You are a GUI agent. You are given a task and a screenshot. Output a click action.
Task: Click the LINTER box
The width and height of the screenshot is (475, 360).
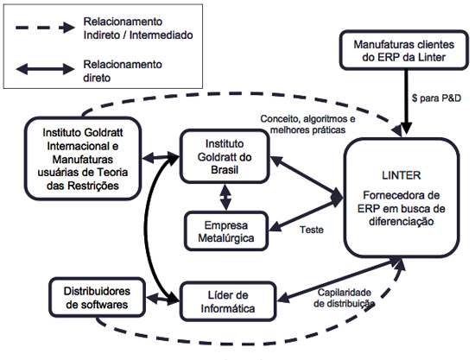click(x=402, y=198)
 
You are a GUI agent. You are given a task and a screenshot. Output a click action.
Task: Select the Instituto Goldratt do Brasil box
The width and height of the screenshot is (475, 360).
click(x=225, y=156)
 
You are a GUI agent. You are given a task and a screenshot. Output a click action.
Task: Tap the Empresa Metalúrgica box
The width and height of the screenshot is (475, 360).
click(x=226, y=231)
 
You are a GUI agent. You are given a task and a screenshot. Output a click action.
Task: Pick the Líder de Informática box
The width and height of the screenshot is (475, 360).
click(x=228, y=301)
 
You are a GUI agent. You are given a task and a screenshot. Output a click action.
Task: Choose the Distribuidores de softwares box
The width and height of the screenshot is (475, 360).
click(x=97, y=297)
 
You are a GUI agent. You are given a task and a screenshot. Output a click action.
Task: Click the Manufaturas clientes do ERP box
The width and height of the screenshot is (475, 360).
click(x=404, y=51)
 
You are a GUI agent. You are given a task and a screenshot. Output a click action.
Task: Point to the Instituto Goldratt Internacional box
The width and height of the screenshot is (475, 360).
click(x=83, y=159)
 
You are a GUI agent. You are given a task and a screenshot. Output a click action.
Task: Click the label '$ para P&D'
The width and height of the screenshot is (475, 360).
click(x=436, y=98)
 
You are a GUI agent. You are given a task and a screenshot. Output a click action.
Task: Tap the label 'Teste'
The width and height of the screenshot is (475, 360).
click(x=312, y=230)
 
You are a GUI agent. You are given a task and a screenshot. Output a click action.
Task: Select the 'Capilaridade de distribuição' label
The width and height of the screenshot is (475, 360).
click(x=344, y=298)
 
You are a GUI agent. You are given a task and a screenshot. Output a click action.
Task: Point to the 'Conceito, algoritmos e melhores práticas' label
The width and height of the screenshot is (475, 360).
click(x=307, y=124)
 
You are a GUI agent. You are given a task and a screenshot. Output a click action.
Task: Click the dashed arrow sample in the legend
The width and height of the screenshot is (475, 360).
click(x=45, y=28)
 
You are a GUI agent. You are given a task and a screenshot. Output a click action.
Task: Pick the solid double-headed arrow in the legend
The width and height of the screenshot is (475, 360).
click(x=45, y=69)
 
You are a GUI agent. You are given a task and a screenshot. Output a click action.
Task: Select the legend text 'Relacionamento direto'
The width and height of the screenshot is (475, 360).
click(x=123, y=71)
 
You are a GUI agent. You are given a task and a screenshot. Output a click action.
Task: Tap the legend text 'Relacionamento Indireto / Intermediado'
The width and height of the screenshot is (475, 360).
click(x=138, y=28)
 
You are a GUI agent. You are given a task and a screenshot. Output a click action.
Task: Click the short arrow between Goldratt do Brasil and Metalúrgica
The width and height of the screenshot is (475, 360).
click(x=225, y=197)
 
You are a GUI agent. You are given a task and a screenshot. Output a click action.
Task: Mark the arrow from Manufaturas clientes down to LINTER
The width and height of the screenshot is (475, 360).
click(x=406, y=102)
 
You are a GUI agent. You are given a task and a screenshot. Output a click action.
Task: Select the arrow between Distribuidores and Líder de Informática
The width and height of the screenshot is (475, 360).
click(x=162, y=298)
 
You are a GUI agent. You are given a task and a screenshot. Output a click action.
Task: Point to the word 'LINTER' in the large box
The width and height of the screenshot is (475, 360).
click(x=401, y=175)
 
